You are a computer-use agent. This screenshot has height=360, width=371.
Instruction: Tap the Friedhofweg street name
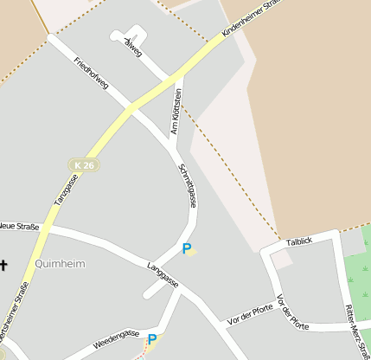[x=91, y=75]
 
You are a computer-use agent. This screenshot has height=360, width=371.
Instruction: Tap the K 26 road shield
[x=83, y=164]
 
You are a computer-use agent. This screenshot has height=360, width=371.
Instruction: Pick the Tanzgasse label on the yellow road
[x=66, y=190]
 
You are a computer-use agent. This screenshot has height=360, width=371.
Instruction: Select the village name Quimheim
[x=61, y=263]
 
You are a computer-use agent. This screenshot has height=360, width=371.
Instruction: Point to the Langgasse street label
[x=163, y=273]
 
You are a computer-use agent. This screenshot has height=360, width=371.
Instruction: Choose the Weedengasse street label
[x=116, y=337]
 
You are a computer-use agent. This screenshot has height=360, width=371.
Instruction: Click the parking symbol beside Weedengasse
[x=152, y=340]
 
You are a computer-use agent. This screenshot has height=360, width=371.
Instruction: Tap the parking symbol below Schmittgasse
[x=187, y=248]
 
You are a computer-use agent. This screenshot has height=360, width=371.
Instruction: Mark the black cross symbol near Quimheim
[x=4, y=266]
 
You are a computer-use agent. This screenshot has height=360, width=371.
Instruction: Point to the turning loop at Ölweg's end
[x=118, y=35]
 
